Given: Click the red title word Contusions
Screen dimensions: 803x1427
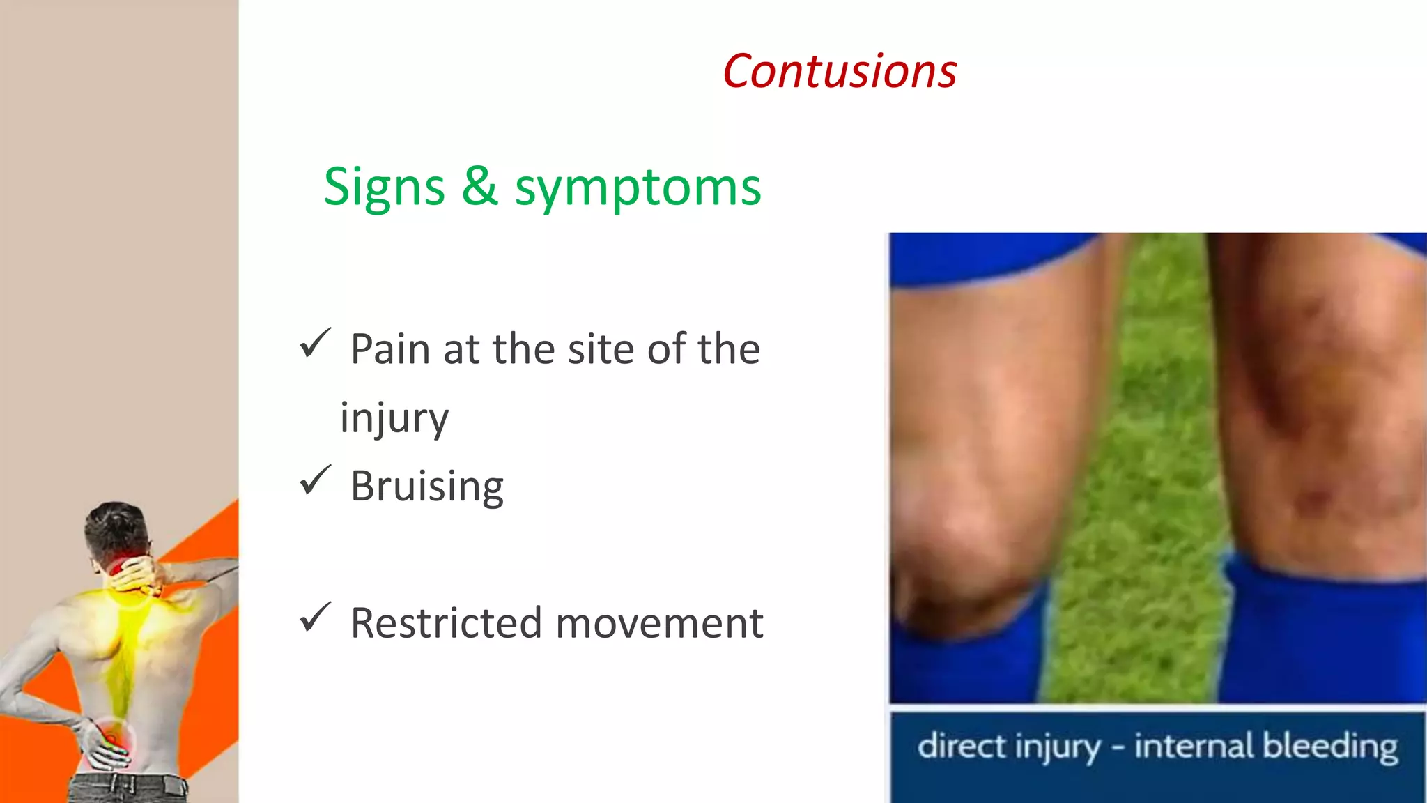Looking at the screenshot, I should [840, 72].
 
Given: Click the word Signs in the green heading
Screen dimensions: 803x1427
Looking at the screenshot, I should [384, 188].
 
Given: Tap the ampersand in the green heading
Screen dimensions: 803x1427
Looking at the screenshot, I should [480, 187].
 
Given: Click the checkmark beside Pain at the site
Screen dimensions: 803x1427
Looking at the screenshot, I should [315, 344].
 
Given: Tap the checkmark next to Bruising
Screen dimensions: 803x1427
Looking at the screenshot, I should [315, 480].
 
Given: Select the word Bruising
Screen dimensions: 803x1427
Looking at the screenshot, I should [426, 486].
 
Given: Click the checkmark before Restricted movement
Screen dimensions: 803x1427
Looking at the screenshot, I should [315, 618].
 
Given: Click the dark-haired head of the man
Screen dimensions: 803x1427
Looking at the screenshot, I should [115, 526].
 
